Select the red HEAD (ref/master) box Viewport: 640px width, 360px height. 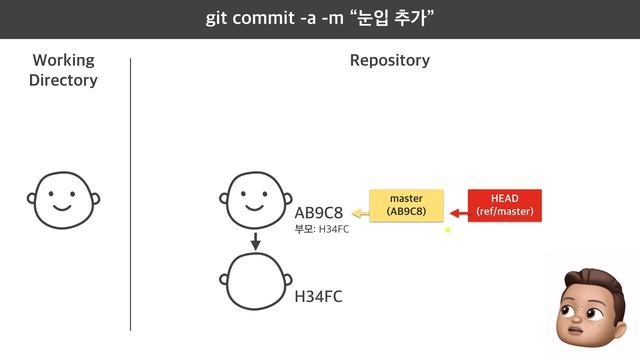pyautogui.click(x=505, y=205)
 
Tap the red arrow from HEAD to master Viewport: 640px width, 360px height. pyautogui.click(x=459, y=212)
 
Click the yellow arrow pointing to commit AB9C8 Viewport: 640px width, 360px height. pyautogui.click(x=357, y=212)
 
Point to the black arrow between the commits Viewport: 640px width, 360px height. pyautogui.click(x=256, y=241)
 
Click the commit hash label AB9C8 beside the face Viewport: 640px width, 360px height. pyautogui.click(x=319, y=213)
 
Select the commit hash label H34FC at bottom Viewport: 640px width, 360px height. pyautogui.click(x=319, y=296)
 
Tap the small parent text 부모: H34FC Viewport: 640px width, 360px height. pyautogui.click(x=321, y=230)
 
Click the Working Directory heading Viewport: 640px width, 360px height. pyautogui.click(x=64, y=70)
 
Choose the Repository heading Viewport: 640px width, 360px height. pyautogui.click(x=390, y=60)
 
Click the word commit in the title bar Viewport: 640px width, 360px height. pyautogui.click(x=261, y=19)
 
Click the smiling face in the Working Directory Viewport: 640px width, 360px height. pyautogui.click(x=63, y=200)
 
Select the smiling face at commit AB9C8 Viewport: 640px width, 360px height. pyautogui.click(x=257, y=200)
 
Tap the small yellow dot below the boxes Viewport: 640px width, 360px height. pyautogui.click(x=448, y=230)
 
